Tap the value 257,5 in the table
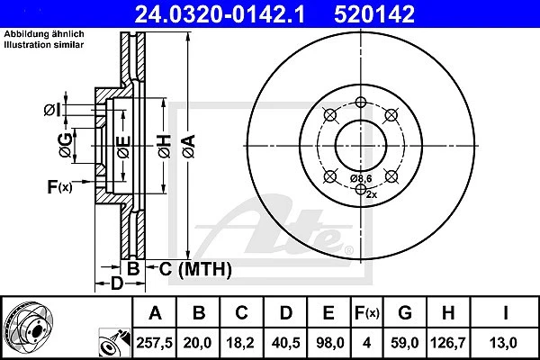pos(156,342)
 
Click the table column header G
pos(404,313)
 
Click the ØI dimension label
pos(52,110)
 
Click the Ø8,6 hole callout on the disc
pos(361,178)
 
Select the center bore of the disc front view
pos(360,144)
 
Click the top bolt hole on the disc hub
pos(360,102)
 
